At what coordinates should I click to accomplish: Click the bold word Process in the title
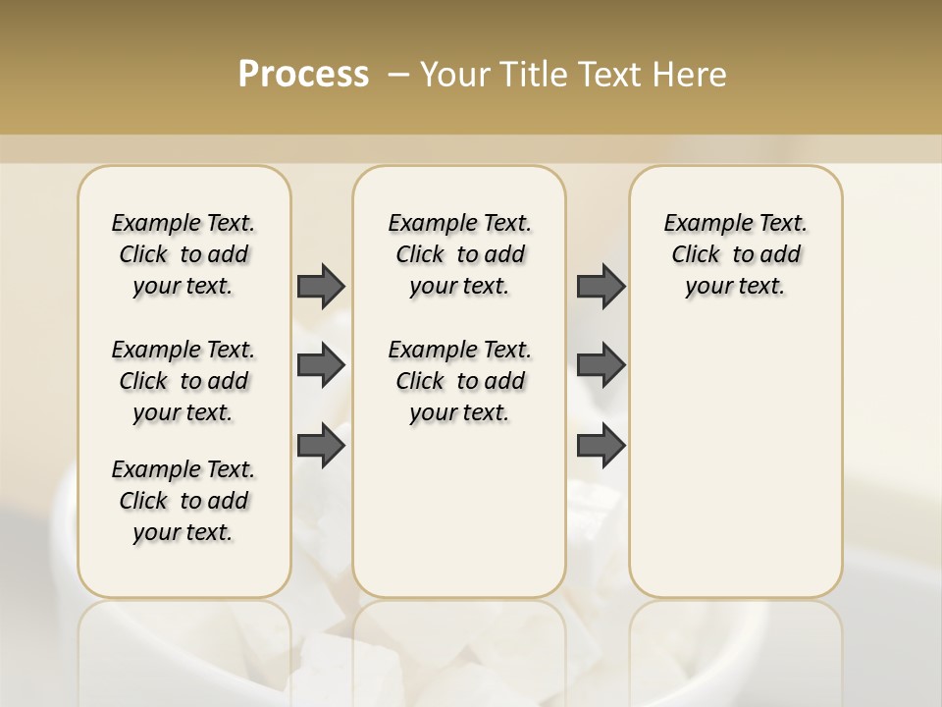(303, 74)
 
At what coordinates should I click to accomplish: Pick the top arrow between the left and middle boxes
(321, 286)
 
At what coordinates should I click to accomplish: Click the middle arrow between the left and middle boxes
(321, 366)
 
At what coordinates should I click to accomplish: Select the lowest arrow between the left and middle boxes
(321, 447)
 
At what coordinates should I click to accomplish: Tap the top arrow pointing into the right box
(601, 286)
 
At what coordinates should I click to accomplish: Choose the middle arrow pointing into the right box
(601, 366)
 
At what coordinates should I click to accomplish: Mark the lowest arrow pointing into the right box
(601, 447)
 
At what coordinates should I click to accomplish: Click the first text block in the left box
(183, 254)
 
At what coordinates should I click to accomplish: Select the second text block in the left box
(183, 381)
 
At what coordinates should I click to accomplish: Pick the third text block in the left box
(183, 501)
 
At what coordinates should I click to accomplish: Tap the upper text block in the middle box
(459, 254)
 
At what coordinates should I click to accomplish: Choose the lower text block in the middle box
(459, 381)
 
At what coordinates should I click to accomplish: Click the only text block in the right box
(736, 254)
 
